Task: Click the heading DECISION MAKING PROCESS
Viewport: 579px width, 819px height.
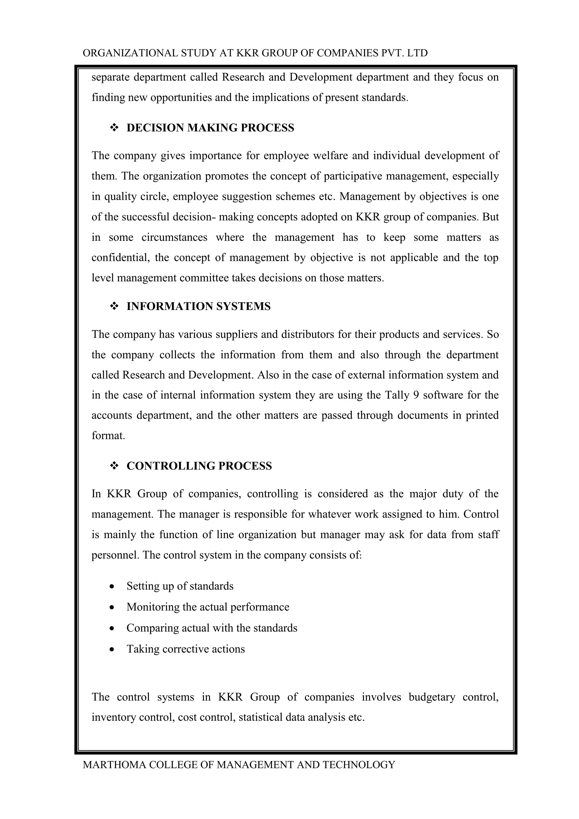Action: coord(210,128)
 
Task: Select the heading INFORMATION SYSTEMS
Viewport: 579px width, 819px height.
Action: coord(198,306)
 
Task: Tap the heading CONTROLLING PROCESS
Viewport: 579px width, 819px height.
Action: coord(199,466)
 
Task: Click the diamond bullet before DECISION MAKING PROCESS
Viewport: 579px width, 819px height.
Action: coord(114,128)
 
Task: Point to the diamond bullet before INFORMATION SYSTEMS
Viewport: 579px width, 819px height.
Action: coord(114,306)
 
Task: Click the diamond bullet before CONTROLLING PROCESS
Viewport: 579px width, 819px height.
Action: coord(114,466)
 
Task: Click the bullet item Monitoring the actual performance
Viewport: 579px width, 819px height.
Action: coord(208,607)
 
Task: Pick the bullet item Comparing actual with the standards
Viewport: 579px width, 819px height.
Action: coord(212,628)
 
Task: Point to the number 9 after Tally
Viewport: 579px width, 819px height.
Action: coord(416,395)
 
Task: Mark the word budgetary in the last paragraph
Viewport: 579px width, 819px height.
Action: coord(432,697)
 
